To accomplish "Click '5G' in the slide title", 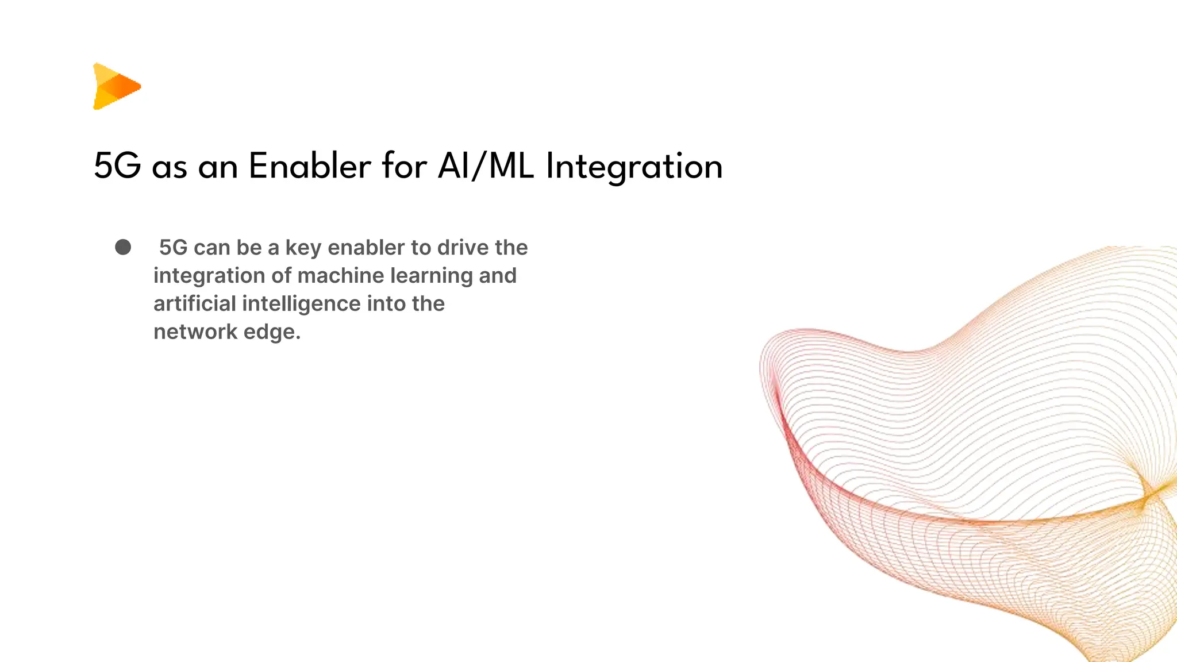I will (117, 167).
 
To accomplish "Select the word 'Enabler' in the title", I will (310, 167).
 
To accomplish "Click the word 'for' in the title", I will (404, 167).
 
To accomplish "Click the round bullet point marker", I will (123, 247).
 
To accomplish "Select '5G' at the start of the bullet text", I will (174, 248).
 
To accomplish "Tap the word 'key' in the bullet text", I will (303, 248).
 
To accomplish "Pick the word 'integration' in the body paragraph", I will (209, 276).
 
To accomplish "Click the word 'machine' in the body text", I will (340, 276).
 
